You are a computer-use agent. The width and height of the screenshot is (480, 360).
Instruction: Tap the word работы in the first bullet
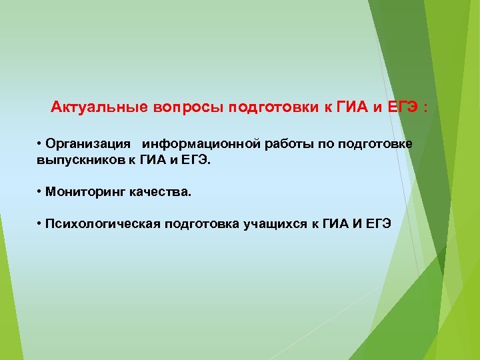[288, 145]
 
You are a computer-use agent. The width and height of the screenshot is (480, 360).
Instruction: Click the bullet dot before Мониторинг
[41, 192]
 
